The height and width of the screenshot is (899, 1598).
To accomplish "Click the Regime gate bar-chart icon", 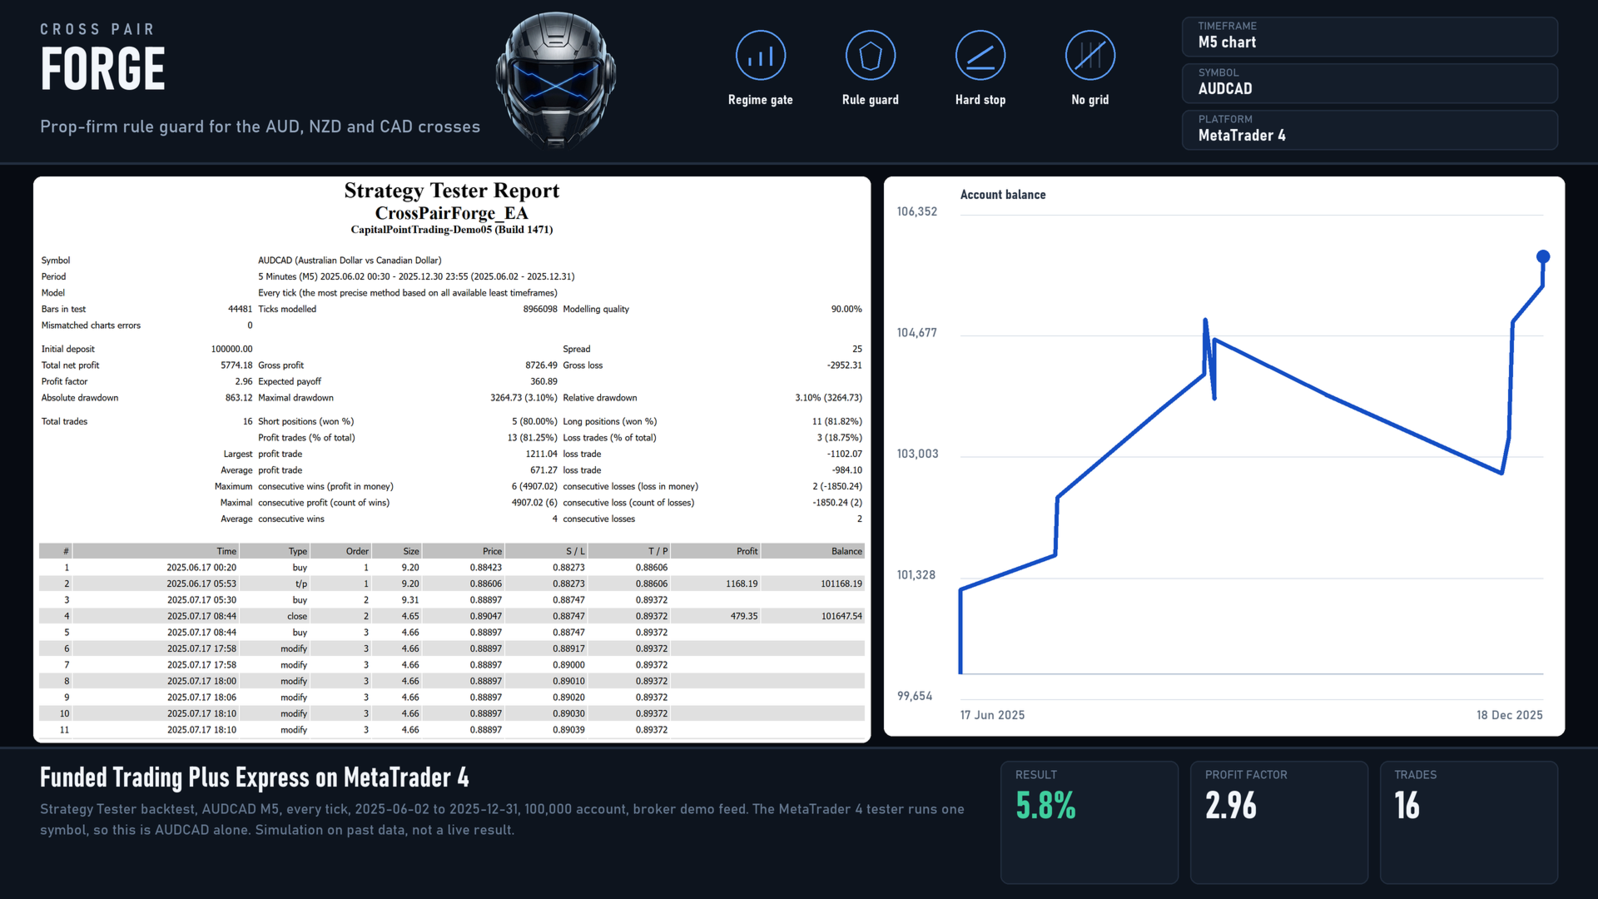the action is pos(760,56).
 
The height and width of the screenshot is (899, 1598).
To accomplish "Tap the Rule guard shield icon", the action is pos(870,56).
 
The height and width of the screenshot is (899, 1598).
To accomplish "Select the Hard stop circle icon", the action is pos(980,56).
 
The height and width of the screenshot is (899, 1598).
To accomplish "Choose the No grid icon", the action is pos(1089,56).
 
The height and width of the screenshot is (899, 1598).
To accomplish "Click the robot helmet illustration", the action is pos(556,80).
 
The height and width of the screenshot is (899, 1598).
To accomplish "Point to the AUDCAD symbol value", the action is pos(1225,89).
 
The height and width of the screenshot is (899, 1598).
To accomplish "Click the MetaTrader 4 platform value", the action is pos(1242,136).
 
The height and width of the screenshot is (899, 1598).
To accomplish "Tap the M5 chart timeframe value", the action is pos(1227,42).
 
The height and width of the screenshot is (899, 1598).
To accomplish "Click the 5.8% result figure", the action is pos(1045,805).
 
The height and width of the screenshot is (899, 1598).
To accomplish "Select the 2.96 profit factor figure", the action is pos(1231,805).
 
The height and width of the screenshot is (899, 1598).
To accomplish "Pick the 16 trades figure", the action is pos(1407,805).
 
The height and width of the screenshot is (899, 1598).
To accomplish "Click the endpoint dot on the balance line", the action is pos(1542,256).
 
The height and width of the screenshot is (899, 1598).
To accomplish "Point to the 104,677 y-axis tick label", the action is pos(916,333).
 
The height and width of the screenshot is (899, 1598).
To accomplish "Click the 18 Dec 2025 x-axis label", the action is pos(1509,715).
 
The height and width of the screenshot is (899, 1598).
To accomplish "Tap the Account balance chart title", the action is pos(1003,195).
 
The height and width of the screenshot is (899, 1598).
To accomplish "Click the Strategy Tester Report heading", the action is pos(452,191).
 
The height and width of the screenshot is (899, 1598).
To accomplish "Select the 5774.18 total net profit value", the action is pos(236,365).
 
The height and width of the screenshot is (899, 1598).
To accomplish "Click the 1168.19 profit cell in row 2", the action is pos(742,584).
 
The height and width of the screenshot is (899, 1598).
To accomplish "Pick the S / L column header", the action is pos(575,551).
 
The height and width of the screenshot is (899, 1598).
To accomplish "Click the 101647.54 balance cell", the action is pos(841,616).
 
